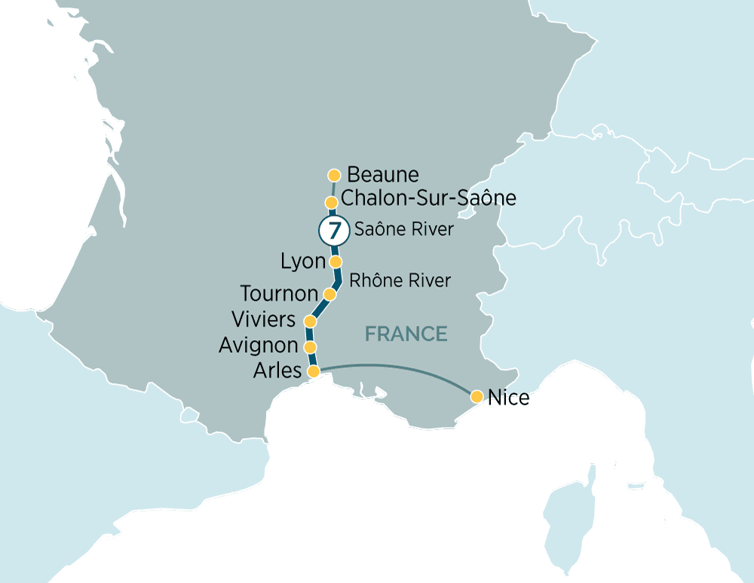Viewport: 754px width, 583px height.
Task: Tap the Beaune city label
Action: click(x=382, y=175)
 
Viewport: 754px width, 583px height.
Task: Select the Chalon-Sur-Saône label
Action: click(x=428, y=198)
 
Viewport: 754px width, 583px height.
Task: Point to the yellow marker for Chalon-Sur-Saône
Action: click(x=330, y=202)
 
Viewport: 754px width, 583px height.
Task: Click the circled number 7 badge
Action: click(x=333, y=230)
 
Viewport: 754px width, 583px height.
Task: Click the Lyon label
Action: click(x=302, y=262)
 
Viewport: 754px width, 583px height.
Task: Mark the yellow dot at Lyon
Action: click(x=336, y=262)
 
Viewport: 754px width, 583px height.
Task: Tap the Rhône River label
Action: click(x=400, y=281)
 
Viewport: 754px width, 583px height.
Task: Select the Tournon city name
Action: click(x=279, y=293)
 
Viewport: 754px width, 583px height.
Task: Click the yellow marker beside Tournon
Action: click(x=329, y=293)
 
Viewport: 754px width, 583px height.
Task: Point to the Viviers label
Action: click(x=263, y=319)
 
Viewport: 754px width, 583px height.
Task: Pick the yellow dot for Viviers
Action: click(x=309, y=321)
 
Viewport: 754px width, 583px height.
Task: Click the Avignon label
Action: click(x=258, y=345)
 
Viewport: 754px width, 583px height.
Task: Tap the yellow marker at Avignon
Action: click(x=309, y=347)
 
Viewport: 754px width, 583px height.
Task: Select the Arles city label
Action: click(x=278, y=371)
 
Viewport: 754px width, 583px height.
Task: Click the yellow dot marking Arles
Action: click(x=314, y=371)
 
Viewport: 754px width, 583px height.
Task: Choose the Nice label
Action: click(x=509, y=397)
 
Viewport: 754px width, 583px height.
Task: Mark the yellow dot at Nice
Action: click(x=477, y=396)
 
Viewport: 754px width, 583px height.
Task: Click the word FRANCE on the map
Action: click(x=406, y=333)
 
